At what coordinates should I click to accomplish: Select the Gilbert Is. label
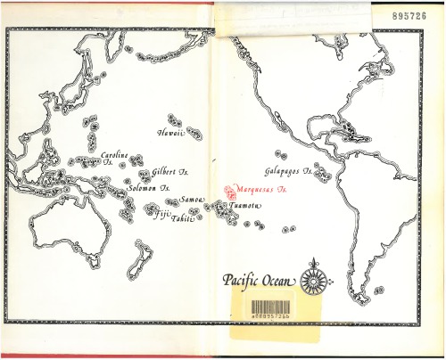[169, 171]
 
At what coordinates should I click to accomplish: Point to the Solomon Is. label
[149, 188]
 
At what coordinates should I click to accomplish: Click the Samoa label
[192, 200]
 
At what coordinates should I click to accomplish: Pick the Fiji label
[161, 215]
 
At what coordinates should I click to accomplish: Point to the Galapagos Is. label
[287, 170]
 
